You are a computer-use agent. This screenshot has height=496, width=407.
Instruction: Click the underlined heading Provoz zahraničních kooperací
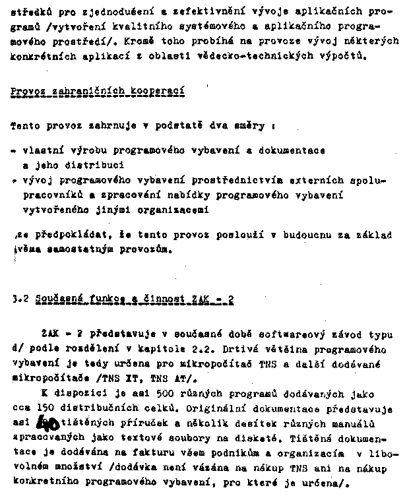(x=98, y=90)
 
